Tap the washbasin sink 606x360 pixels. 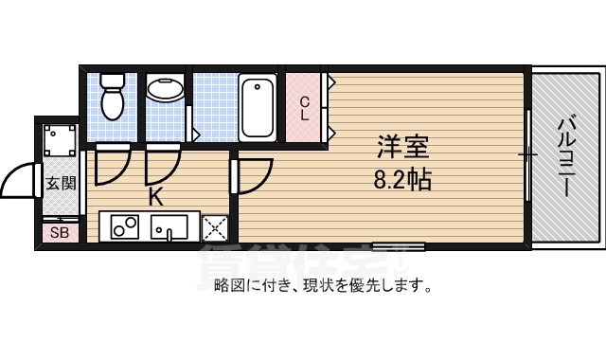[x=167, y=90]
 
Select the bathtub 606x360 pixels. [x=257, y=107]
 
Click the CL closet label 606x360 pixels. [x=305, y=108]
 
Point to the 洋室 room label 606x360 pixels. [x=403, y=148]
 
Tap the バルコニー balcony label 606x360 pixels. [x=566, y=156]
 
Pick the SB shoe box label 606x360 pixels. [x=59, y=232]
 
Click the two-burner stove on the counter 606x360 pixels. [x=125, y=226]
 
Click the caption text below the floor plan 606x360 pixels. [x=323, y=284]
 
